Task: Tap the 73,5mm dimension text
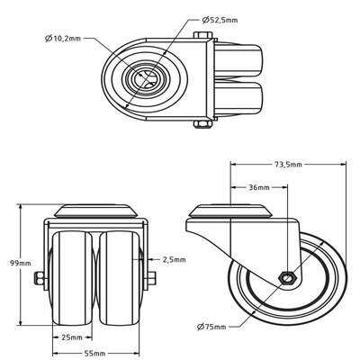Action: (x=291, y=166)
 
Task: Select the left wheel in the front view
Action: (x=73, y=274)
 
